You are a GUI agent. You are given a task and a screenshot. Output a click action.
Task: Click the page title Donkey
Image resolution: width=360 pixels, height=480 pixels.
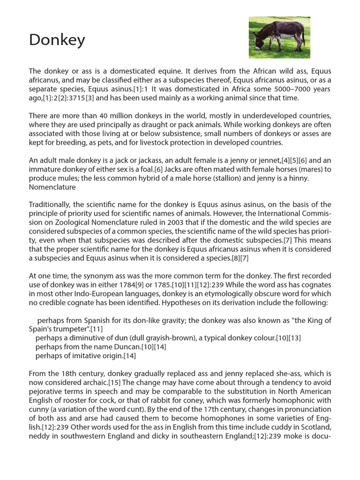coord(57,40)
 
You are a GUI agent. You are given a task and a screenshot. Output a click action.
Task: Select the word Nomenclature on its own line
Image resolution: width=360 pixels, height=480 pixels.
coord(52,187)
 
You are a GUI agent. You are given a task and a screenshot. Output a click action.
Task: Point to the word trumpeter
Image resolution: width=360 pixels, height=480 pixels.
coord(66,329)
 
